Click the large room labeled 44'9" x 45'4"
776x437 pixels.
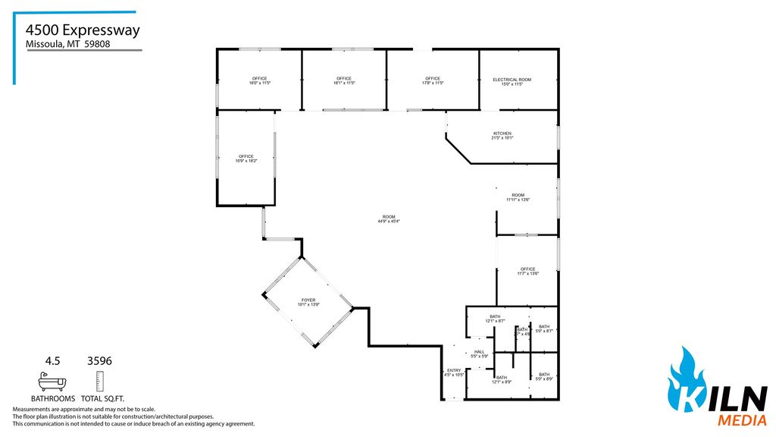388,218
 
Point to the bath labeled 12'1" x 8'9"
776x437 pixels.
501,379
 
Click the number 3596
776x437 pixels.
100,361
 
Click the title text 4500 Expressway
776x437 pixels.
82,30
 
